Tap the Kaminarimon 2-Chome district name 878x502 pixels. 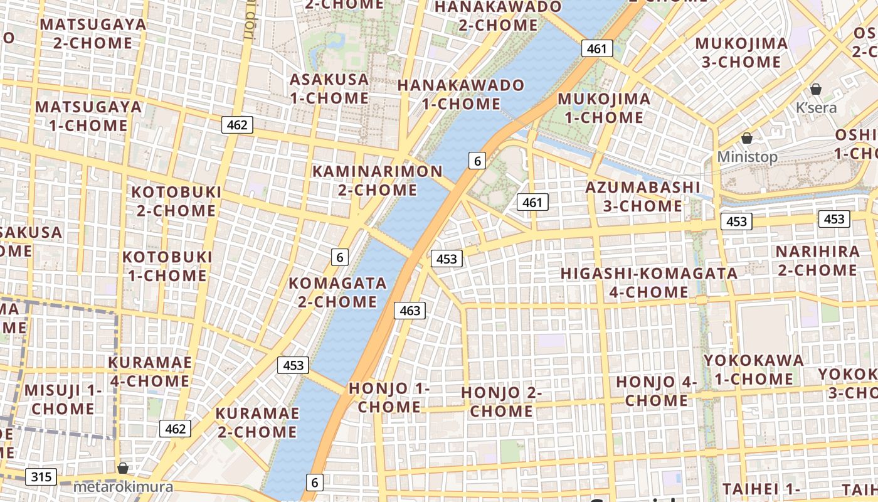coord(378,180)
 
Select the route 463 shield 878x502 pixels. coord(410,310)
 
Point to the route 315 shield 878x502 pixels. coord(41,477)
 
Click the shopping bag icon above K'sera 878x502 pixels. coord(816,89)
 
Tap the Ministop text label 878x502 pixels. coord(747,157)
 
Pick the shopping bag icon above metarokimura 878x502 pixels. coord(123,468)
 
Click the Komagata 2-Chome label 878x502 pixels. coord(337,292)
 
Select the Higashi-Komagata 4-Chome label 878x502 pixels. coord(649,282)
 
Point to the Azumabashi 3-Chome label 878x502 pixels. coord(643,196)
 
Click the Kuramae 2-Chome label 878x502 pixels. coord(256,423)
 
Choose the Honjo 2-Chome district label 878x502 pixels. coord(501,402)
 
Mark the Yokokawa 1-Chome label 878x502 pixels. coord(753,370)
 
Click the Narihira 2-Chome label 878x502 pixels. coord(817,261)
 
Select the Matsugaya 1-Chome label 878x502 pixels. coord(88,116)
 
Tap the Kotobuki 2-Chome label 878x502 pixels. coord(176,201)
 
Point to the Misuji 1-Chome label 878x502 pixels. coord(63,400)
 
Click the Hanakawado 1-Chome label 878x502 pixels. coord(461,94)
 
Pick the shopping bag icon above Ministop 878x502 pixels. coord(747,138)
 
